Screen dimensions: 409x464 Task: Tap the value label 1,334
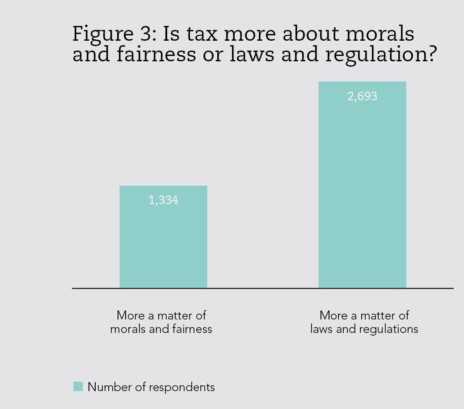163,200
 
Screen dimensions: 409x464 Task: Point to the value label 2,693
362,96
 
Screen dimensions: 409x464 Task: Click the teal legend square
78,387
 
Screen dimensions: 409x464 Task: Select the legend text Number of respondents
151,387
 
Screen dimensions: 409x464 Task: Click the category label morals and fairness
161,322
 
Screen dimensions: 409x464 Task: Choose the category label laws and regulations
364,322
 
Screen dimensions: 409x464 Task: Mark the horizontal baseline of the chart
263,288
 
